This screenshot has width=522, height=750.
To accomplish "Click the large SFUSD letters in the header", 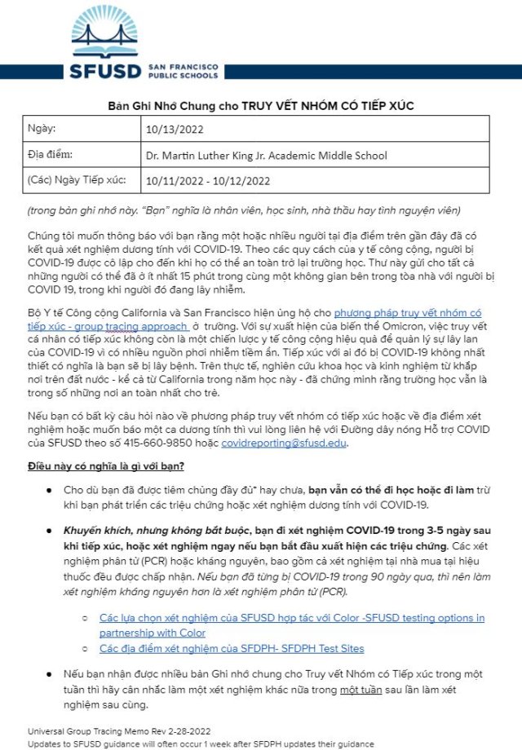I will pyautogui.click(x=106, y=69).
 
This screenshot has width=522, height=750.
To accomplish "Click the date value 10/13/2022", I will pyautogui.click(x=174, y=129).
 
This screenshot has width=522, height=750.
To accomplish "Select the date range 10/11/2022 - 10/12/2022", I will pyautogui.click(x=207, y=180).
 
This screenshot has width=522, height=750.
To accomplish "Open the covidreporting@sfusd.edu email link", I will pyautogui.click(x=302, y=443).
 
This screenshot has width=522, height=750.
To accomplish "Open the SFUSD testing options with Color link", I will pyautogui.click(x=291, y=625).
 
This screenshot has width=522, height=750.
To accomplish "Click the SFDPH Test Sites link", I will pyautogui.click(x=232, y=648).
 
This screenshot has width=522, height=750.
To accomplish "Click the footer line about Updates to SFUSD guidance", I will pyautogui.click(x=201, y=743).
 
